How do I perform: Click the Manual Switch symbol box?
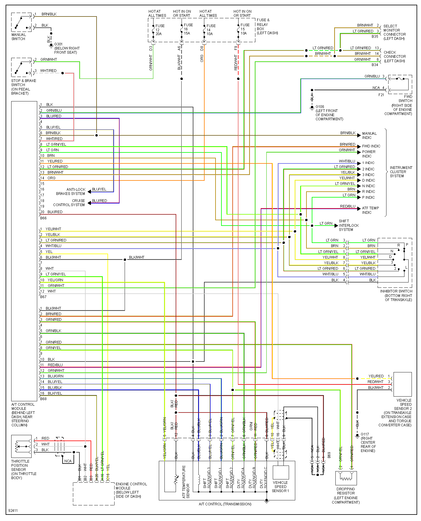coord(21,22)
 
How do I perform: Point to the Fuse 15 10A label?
coord(244,29)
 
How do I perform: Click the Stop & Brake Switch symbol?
coord(21,68)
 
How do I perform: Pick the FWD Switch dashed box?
coord(400,84)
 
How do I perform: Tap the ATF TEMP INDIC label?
coord(370,210)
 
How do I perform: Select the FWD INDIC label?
coord(371,146)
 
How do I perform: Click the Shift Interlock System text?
coord(348,225)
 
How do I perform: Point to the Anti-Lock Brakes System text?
coord(71,192)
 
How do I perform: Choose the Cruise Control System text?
coord(69,203)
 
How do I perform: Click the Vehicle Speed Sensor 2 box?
coord(402,384)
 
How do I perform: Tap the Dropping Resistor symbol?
coord(346,478)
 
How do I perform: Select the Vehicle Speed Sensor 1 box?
coord(280,473)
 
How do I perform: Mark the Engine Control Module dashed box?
coord(94,494)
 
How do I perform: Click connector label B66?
coord(43,218)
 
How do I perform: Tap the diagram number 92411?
coord(13,510)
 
